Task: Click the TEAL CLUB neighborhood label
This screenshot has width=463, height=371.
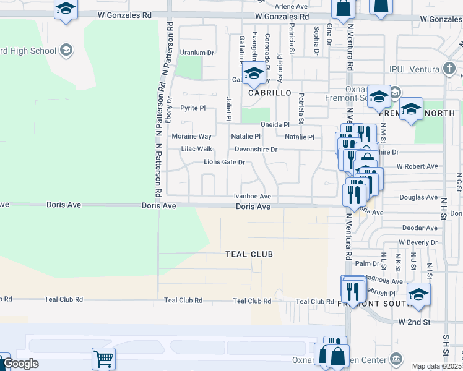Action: [249, 254]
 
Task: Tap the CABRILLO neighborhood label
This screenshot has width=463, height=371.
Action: [269, 92]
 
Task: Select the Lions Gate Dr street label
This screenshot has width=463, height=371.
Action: [225, 163]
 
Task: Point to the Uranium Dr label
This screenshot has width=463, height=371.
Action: [196, 53]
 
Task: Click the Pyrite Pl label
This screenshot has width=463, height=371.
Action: [193, 108]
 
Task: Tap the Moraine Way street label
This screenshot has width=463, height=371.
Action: [191, 136]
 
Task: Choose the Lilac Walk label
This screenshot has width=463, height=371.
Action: [196, 149]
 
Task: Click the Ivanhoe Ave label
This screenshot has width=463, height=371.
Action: [253, 196]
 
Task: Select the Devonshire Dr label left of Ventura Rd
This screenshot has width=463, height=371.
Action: [256, 150]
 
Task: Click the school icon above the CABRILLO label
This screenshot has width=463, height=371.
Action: [253, 74]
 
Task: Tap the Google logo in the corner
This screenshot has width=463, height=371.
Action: [20, 364]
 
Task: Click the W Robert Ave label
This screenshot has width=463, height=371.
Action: [417, 166]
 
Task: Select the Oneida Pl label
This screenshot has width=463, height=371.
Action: [275, 124]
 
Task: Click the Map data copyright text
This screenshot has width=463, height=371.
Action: [437, 366]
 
